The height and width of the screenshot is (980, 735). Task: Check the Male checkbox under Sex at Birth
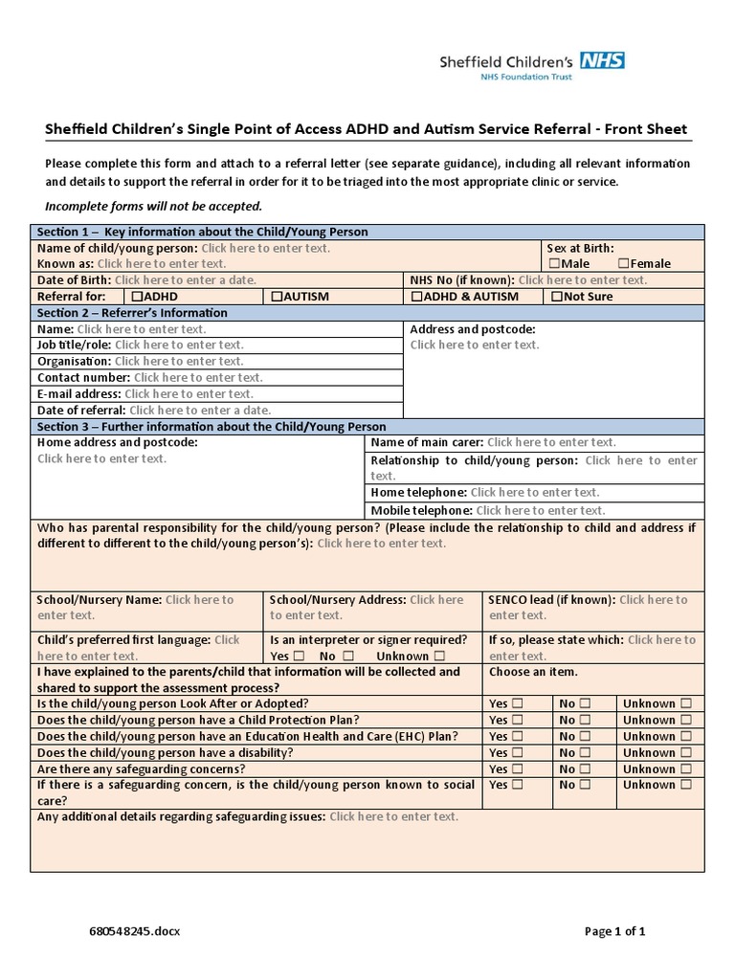coord(553,263)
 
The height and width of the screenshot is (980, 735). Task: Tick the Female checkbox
coord(623,263)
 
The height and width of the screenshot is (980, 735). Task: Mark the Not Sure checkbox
coord(558,297)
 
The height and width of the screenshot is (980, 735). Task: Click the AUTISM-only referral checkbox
coord(277,297)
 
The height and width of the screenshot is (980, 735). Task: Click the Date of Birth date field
coord(185,280)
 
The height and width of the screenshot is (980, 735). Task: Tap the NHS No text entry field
coord(582,280)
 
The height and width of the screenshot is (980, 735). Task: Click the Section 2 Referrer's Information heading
coord(132,313)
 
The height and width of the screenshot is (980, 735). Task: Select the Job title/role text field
coord(179,345)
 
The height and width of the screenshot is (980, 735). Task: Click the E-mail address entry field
coord(189,393)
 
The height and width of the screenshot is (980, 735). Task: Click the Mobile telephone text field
coord(540,510)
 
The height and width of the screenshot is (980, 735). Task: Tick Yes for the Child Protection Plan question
coord(517,720)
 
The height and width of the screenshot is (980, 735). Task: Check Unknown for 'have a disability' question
coord(685,752)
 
